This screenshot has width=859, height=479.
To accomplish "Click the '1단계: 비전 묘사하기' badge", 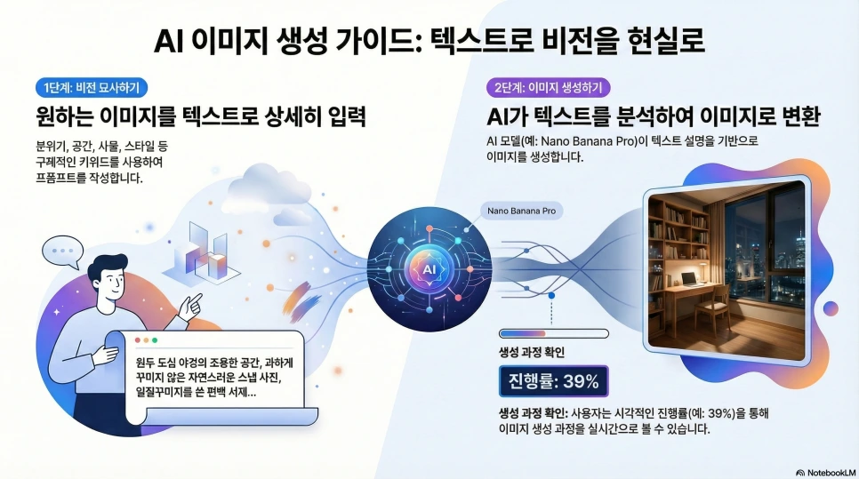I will [92, 87].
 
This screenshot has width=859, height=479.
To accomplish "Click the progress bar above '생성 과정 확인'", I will [553, 334].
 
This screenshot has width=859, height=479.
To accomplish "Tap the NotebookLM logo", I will [824, 472].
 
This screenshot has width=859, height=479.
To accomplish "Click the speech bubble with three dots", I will [62, 251].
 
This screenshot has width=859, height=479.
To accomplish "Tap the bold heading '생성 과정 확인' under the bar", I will [532, 352].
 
